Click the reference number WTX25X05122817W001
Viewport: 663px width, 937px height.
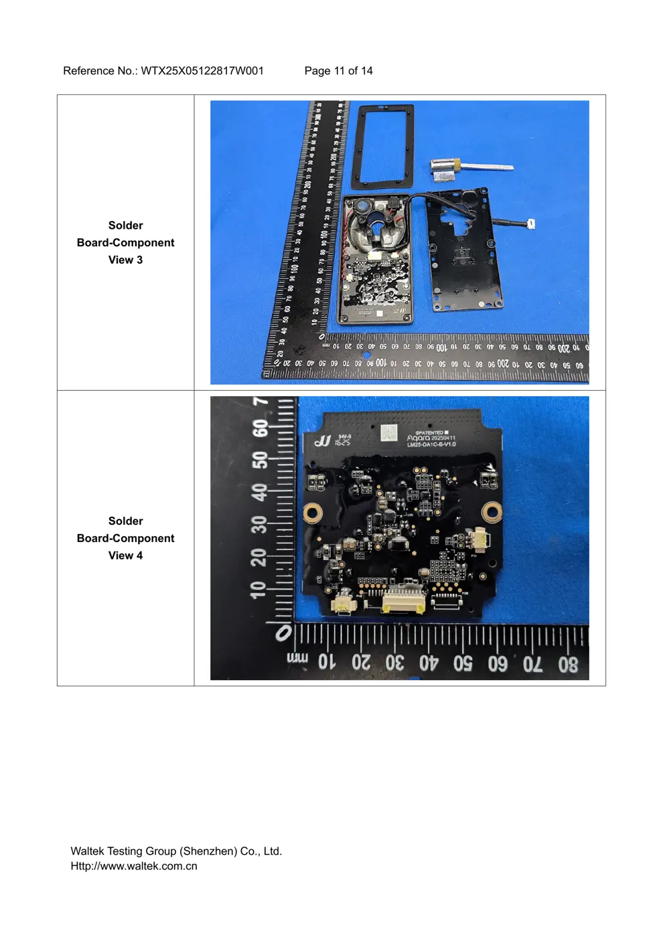202,71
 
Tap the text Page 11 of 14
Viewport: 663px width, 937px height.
338,71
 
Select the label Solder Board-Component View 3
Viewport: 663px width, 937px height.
125,242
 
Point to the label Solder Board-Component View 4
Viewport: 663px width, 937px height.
125,538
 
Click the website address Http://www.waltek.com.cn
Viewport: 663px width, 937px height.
134,866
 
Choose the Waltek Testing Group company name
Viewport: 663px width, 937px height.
176,851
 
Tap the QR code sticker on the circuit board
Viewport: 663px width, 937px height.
388,432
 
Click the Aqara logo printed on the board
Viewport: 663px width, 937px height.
419,438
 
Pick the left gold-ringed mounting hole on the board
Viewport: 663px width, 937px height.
312,513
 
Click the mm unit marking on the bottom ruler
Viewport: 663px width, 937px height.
297,659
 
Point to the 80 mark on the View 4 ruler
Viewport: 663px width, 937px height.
568,665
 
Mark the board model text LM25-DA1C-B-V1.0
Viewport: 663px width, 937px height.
431,444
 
